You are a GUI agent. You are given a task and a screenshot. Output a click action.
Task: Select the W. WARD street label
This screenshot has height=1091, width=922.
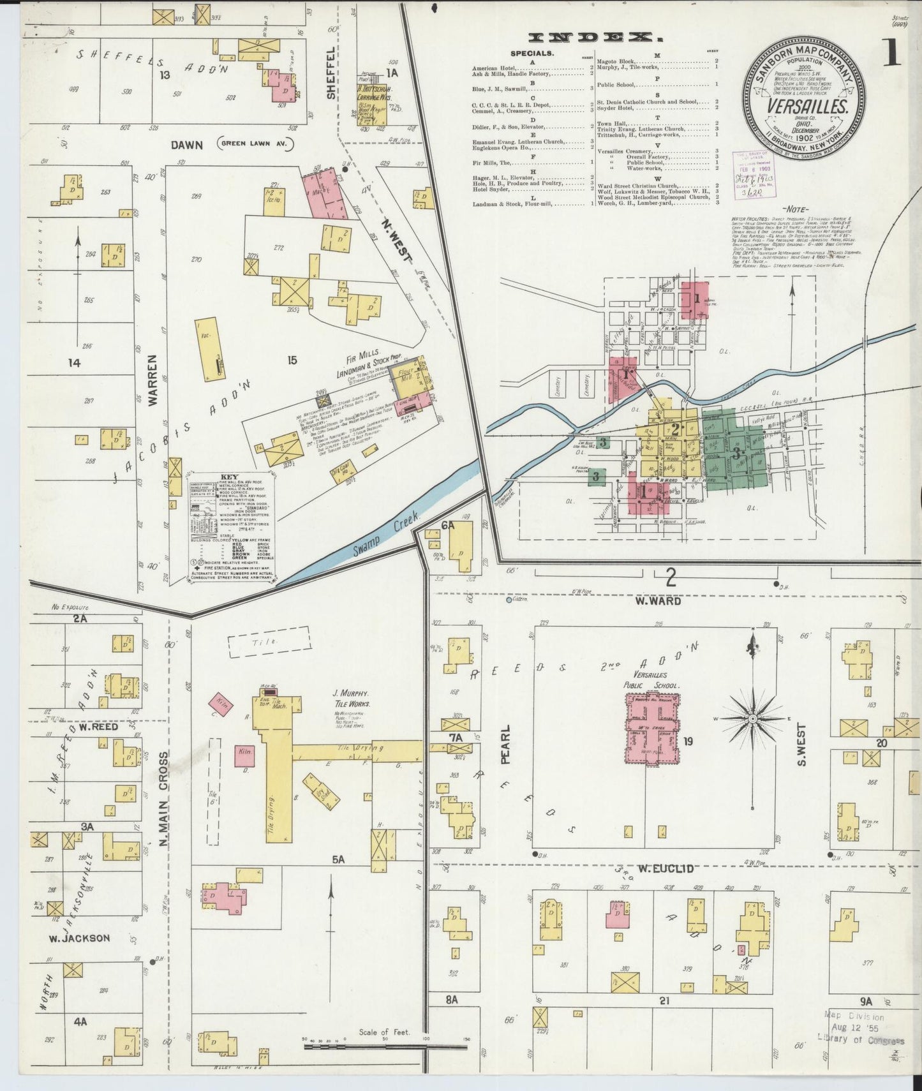pos(657,600)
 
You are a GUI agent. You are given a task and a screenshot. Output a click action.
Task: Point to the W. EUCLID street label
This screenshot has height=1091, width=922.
pos(666,868)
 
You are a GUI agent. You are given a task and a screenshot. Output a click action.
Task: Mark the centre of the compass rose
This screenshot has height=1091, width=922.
pos(753,718)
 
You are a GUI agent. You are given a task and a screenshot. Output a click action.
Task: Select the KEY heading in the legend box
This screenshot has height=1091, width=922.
pos(229,477)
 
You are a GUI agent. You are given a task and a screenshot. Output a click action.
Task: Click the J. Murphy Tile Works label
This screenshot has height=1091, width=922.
pos(351,699)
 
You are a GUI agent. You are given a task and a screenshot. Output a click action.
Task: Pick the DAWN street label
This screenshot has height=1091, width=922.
pos(186,145)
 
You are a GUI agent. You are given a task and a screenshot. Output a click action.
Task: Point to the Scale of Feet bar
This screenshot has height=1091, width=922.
pos(385,1046)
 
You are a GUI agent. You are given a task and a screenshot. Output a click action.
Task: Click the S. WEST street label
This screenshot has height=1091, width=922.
pos(802,745)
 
